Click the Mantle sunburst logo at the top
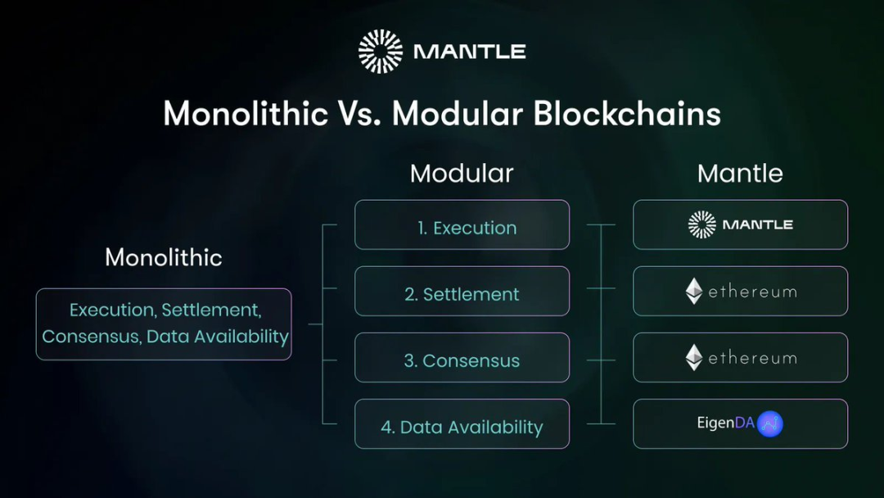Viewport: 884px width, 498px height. [381, 52]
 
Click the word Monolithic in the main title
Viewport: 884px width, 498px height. [246, 113]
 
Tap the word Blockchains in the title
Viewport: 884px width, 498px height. [627, 113]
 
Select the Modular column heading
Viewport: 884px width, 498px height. [462, 173]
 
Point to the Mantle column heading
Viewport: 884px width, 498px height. [740, 173]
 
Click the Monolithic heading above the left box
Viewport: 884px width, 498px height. [164, 257]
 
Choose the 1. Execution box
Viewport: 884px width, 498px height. [462, 224]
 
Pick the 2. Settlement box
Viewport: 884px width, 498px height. [462, 291]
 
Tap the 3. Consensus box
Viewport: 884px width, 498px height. [462, 358]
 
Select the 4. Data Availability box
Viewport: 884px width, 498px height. [462, 424]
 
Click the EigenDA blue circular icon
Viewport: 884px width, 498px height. [769, 423]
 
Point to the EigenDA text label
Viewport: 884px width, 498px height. [725, 423]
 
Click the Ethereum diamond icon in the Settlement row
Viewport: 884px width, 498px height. [694, 291]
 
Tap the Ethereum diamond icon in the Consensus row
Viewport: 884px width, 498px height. [694, 358]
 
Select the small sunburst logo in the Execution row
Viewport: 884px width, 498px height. [702, 224]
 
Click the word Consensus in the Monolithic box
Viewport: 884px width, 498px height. [92, 336]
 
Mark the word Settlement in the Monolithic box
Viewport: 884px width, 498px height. [211, 310]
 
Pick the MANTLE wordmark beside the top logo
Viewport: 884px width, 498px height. [470, 52]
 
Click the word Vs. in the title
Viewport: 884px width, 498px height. [359, 113]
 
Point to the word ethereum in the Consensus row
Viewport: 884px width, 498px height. [753, 358]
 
